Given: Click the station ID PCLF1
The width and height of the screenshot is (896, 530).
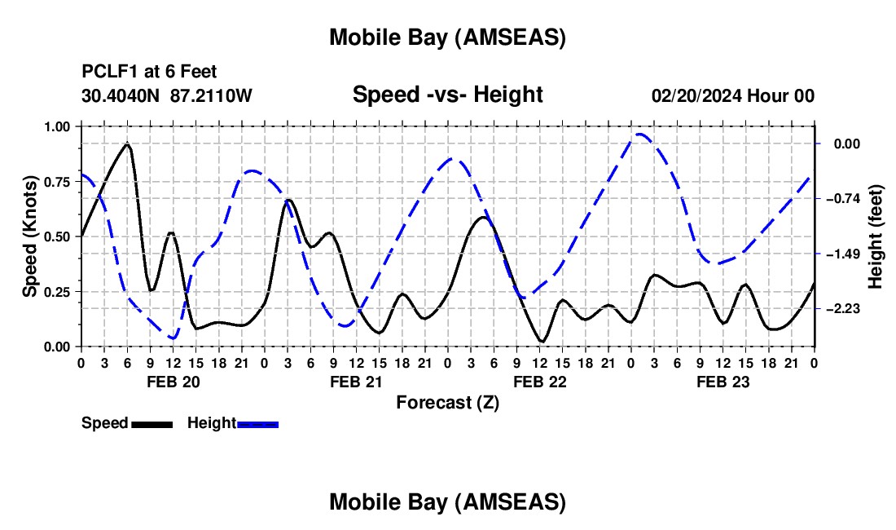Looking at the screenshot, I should (106, 72).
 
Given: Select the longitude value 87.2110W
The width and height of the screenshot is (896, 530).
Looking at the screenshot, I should (211, 95).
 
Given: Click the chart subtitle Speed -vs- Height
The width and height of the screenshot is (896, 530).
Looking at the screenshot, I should (447, 95).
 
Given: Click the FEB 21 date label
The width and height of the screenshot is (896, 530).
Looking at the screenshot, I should (355, 382).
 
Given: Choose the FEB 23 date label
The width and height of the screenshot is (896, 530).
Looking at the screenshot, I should (723, 382).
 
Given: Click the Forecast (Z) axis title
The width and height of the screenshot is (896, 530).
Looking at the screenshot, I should (447, 402).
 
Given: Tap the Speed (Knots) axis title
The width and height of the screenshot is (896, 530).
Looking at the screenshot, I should (30, 236).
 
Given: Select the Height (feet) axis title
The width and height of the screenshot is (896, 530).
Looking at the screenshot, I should (876, 236).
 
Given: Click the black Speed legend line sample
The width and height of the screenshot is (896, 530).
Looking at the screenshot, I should (152, 424).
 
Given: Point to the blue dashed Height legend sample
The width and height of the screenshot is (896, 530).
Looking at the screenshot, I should (258, 424).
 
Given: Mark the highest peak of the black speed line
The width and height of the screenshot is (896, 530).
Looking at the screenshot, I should (127, 144).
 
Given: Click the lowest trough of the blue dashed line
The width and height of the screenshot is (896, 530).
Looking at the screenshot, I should (173, 338).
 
